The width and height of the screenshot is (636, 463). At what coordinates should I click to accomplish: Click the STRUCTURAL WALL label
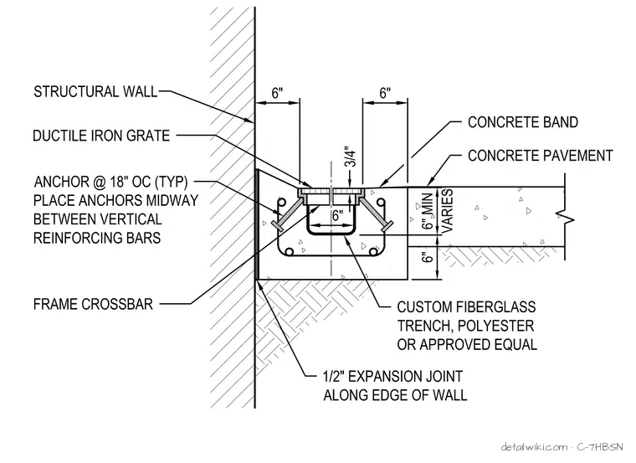pos(95,92)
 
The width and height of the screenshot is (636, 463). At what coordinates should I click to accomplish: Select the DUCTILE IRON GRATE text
pos(101,136)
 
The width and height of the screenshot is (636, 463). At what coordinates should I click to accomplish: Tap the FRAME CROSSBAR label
pos(93,304)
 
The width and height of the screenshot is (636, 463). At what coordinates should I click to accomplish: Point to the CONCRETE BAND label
pos(523,122)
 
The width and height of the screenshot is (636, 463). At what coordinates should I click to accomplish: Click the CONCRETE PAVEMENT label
pos(540,156)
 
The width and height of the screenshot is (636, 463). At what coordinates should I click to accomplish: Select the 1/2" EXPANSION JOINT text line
pos(392,376)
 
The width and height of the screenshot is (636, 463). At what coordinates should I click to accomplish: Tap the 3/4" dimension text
pos(351,157)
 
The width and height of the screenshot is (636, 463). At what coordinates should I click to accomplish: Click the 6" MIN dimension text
pos(428,210)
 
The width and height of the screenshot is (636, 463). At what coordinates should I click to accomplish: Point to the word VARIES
pos(447,211)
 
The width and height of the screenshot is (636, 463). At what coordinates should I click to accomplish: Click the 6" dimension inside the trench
pos(337,215)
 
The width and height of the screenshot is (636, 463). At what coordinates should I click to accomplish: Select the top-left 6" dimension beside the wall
pos(277,93)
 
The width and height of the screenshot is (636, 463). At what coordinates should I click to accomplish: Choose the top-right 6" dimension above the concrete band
pos(385,93)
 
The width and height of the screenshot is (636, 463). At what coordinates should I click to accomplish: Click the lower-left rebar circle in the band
pos(290,251)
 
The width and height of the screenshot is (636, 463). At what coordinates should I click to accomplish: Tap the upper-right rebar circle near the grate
pos(381,202)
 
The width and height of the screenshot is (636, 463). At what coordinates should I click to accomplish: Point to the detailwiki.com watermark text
pos(534,447)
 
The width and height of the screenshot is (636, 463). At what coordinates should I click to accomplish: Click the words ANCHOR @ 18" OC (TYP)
pos(110,182)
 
